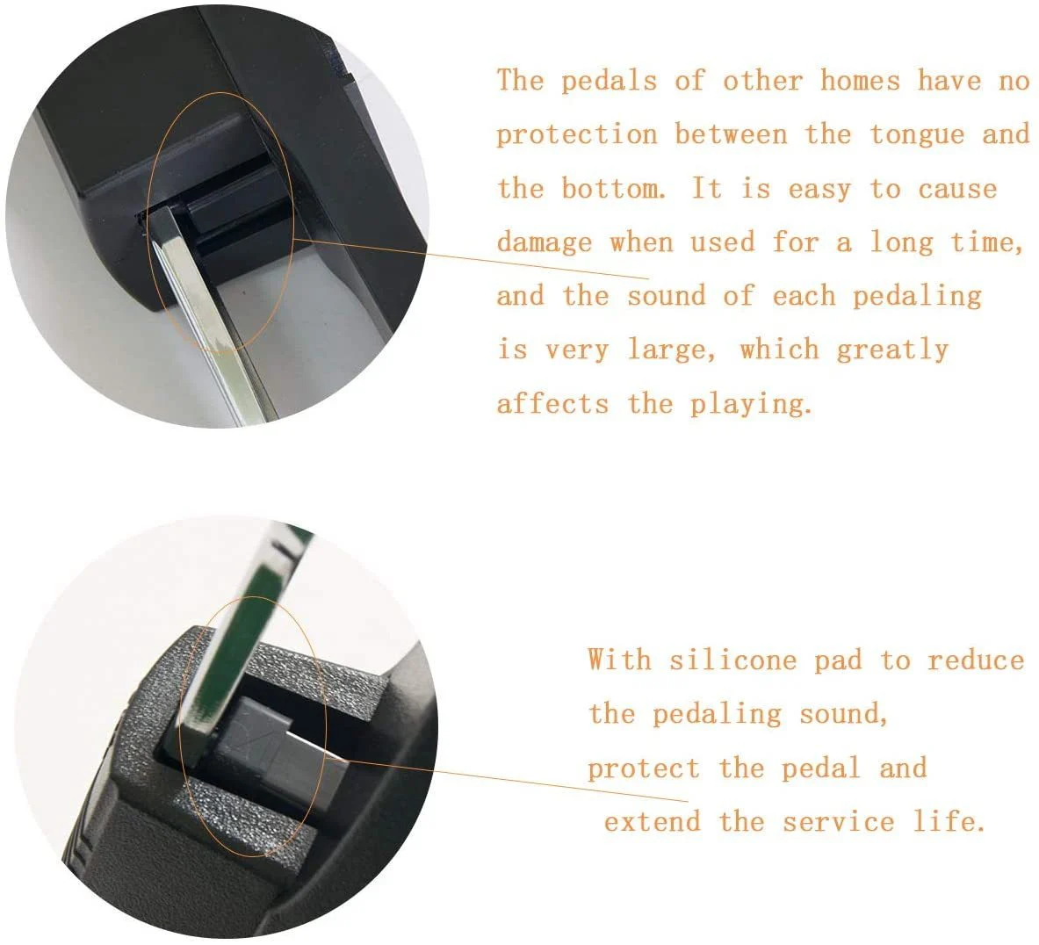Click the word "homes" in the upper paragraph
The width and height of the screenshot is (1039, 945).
[860, 81]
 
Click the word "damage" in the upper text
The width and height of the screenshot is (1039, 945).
[545, 243]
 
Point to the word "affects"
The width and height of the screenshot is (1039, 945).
[552, 403]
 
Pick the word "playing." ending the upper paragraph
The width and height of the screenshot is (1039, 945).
[751, 404]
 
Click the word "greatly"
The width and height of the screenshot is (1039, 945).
[892, 350]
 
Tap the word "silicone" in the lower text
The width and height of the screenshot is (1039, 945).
[732, 660]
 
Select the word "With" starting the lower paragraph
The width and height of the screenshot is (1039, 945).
[619, 660]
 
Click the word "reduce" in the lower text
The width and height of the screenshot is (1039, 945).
[976, 660]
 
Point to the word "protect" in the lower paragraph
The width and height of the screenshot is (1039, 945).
[644, 768]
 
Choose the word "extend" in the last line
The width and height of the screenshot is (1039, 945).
[652, 822]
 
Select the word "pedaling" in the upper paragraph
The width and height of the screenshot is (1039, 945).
[916, 296]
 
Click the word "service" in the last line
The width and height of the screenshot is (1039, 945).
[838, 822]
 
